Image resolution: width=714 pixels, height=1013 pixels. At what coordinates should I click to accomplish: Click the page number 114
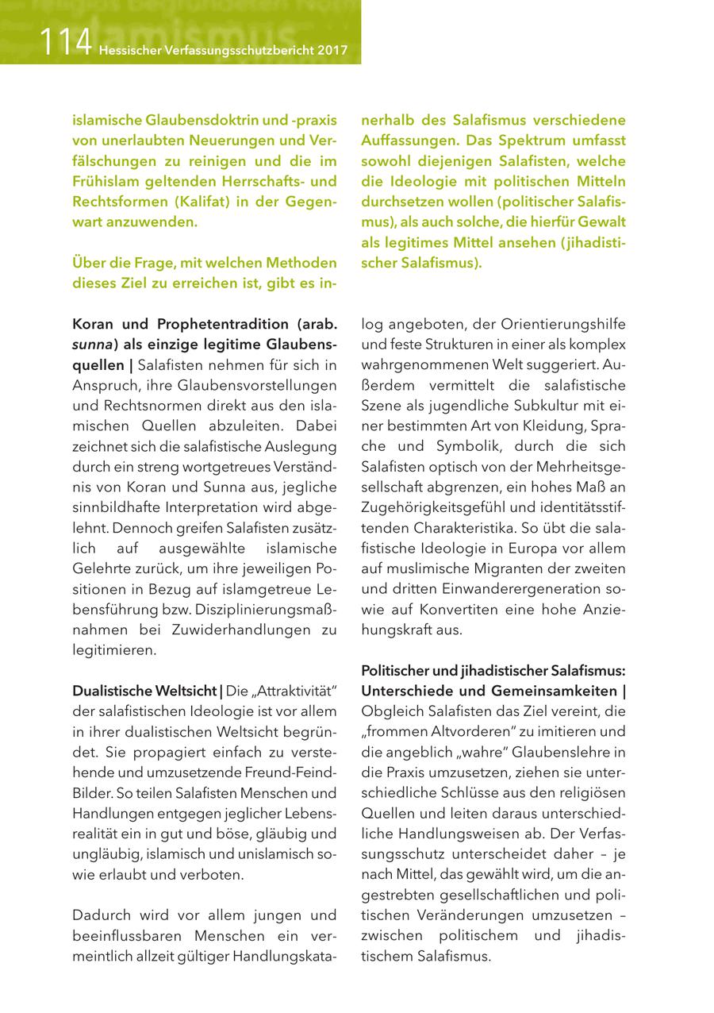[x=67, y=41]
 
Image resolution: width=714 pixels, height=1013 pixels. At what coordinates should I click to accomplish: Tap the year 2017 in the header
[x=332, y=50]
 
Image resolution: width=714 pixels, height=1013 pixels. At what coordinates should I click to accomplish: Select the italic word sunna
[x=90, y=345]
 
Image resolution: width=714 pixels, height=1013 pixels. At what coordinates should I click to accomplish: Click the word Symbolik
[x=480, y=447]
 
